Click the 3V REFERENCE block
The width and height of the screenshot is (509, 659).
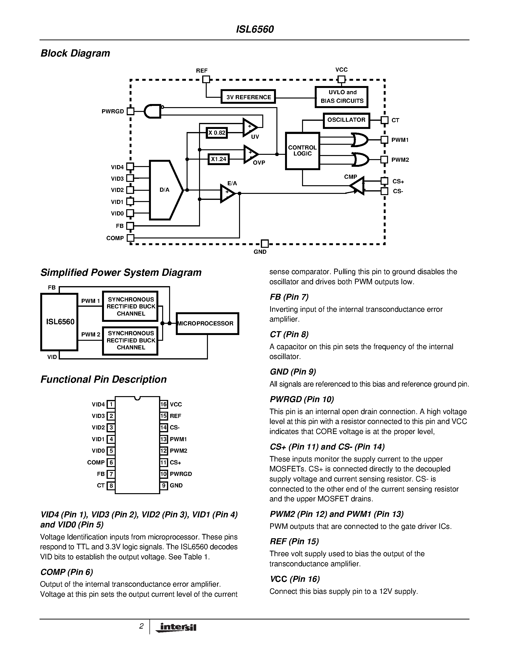tap(248, 97)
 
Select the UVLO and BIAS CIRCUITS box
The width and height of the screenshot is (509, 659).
tap(342, 97)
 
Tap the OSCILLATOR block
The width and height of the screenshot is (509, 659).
tap(346, 120)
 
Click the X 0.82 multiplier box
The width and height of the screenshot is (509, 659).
tap(217, 133)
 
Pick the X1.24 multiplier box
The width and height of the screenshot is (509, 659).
tap(219, 159)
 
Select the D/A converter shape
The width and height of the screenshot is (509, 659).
tap(165, 190)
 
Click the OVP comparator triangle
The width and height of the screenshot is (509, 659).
tap(250, 154)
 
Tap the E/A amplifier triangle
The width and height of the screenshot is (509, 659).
tap(227, 193)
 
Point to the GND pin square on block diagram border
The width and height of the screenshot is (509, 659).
tap(264, 243)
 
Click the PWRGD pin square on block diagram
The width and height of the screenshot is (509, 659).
tap(130, 111)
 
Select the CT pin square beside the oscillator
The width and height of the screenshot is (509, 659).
tap(384, 120)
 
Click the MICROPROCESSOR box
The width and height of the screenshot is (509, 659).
tap(207, 324)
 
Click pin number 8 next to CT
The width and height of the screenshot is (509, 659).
tap(111, 486)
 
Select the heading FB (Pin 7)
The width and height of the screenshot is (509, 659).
tap(289, 297)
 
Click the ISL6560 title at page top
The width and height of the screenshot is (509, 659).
tap(254, 29)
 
